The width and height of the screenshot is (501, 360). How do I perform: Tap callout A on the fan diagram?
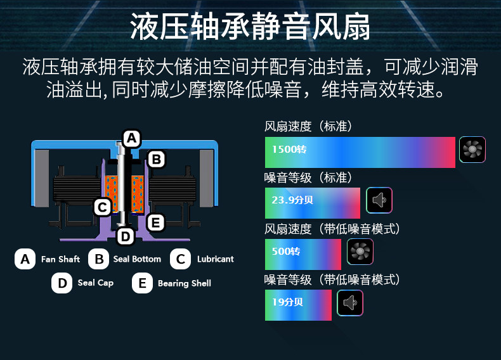pos(131,138)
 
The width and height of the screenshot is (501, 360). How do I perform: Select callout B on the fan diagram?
pos(156,158)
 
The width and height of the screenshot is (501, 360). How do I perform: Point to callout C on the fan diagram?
pos(102,207)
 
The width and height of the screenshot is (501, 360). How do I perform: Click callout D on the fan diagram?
pos(126,236)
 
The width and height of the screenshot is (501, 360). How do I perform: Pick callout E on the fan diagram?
pos(155,222)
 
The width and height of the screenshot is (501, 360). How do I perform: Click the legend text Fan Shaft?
pos(60,259)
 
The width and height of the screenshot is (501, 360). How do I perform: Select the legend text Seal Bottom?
pos(137,259)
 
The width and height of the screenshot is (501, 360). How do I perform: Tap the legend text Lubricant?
pos(215,259)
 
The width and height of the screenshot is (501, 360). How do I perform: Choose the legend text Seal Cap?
pos(95,283)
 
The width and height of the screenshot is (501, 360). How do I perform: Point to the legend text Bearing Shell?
pos(184,283)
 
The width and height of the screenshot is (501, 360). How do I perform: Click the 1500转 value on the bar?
pos(289,150)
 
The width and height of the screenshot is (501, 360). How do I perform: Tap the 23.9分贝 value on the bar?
pos(292,200)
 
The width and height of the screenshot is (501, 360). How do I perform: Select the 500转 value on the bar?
pos(285,252)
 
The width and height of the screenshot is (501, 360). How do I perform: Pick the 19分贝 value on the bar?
pos(287,302)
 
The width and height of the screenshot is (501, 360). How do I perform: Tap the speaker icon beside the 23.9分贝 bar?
pos(379,200)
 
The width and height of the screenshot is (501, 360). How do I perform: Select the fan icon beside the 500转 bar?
pos(360,252)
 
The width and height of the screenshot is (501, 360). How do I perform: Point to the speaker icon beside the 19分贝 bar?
pos(350,303)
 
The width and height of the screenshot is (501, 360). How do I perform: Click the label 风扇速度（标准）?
pos(308,126)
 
